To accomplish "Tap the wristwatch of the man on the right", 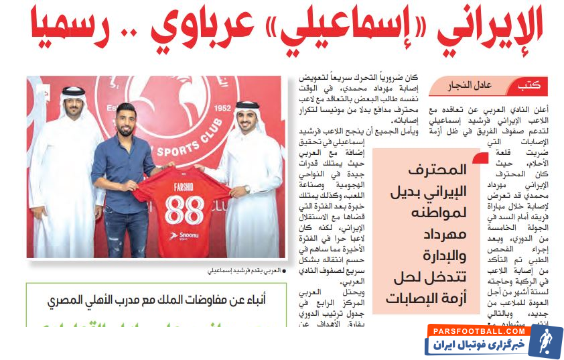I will [x=246, y=189].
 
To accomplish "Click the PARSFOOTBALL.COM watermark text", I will [x=477, y=331].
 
